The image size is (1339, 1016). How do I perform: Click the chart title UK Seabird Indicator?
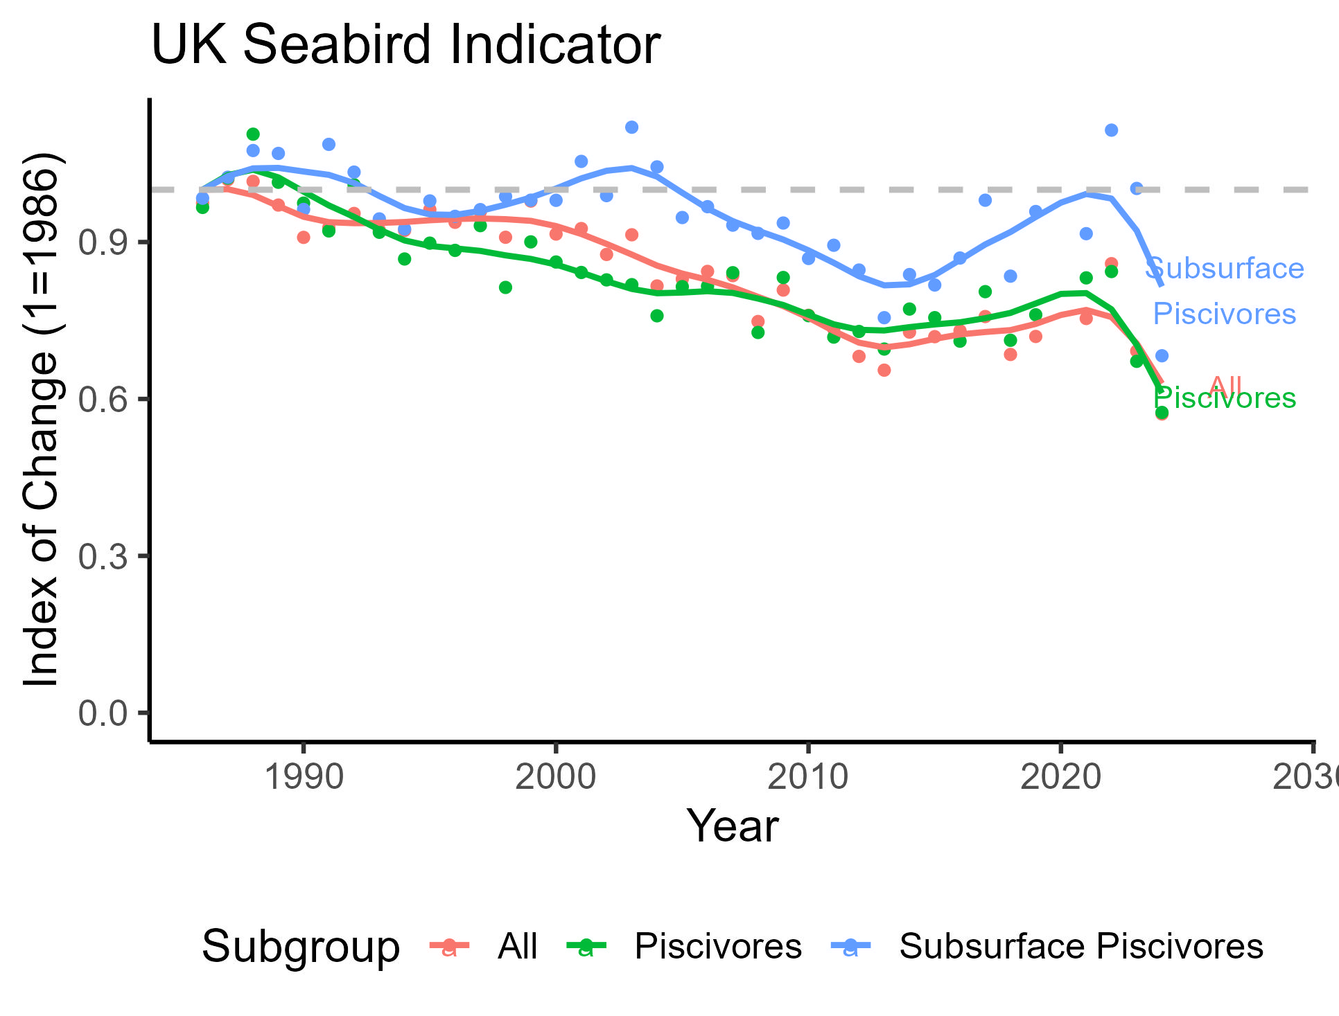[405, 45]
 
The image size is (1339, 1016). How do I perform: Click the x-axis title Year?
[732, 826]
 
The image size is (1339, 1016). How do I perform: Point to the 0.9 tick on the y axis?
[103, 243]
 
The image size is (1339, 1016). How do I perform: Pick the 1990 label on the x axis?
[304, 778]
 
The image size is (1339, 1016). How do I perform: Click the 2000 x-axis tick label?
[555, 778]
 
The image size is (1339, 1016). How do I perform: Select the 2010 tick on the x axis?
[807, 778]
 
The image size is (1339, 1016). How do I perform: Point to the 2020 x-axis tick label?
[1060, 778]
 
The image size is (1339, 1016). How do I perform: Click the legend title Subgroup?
[301, 947]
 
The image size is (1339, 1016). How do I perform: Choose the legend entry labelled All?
[517, 947]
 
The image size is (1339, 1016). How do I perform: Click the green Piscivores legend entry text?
[718, 947]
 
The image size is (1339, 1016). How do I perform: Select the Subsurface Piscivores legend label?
[1081, 947]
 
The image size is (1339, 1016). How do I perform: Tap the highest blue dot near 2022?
[1111, 130]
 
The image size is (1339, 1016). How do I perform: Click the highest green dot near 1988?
[253, 134]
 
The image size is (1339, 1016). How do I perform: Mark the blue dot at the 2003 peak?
[631, 127]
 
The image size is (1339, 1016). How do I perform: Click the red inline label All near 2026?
[1225, 386]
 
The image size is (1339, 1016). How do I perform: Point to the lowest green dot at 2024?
[1162, 413]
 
